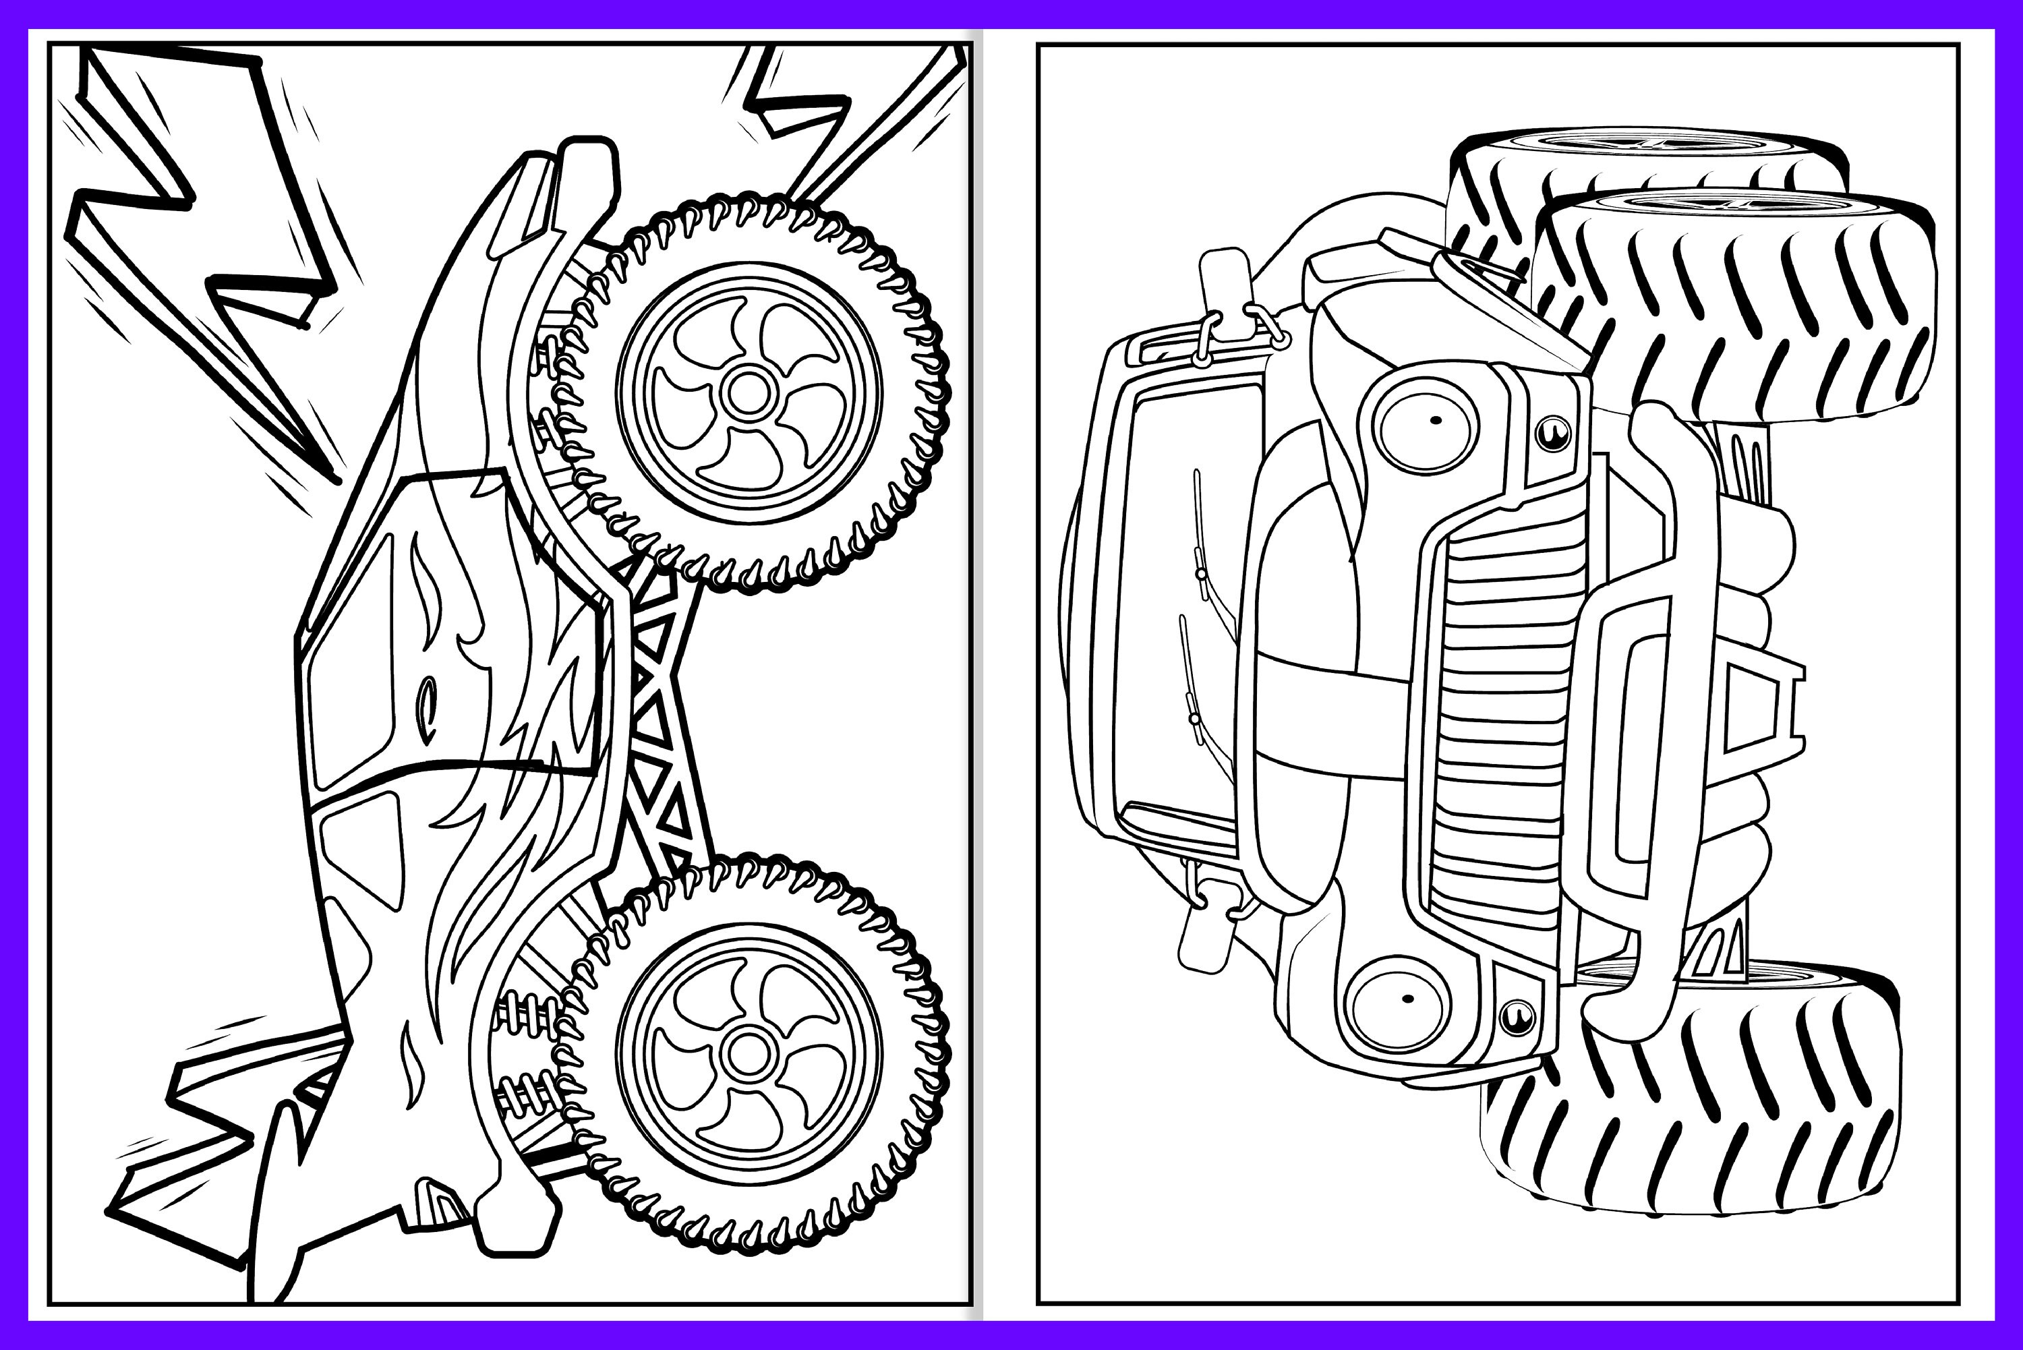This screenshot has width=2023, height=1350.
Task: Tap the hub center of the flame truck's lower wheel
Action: click(748, 1052)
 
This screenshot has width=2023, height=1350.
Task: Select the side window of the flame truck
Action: click(345, 654)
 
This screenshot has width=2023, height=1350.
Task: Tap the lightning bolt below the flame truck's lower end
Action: click(215, 1154)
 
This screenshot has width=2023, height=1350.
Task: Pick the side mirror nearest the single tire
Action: click(1201, 934)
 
